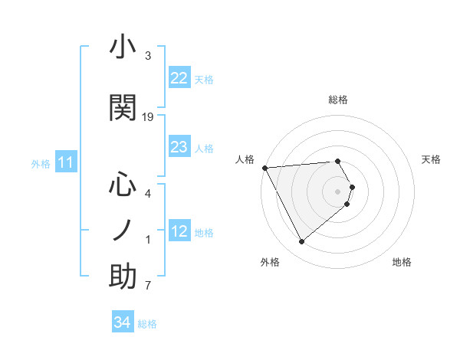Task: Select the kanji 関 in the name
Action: (x=123, y=109)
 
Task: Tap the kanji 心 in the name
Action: (x=123, y=185)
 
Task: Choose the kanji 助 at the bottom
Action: (x=123, y=277)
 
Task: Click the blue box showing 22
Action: (x=179, y=78)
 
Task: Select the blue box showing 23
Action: (x=179, y=147)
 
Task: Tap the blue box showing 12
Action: (x=179, y=231)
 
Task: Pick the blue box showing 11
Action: (x=65, y=162)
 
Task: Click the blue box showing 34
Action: (x=122, y=322)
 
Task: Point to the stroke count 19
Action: (x=148, y=117)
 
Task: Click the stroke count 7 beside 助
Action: (x=148, y=286)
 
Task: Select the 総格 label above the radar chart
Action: (x=338, y=100)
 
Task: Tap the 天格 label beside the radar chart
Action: (x=432, y=159)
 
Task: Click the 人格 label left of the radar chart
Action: (x=245, y=159)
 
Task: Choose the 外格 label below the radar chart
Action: (x=270, y=262)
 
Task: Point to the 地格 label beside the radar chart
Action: (x=402, y=262)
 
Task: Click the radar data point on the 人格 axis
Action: (x=264, y=167)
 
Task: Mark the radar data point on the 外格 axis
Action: (x=301, y=242)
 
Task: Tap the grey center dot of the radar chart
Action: (x=338, y=191)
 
